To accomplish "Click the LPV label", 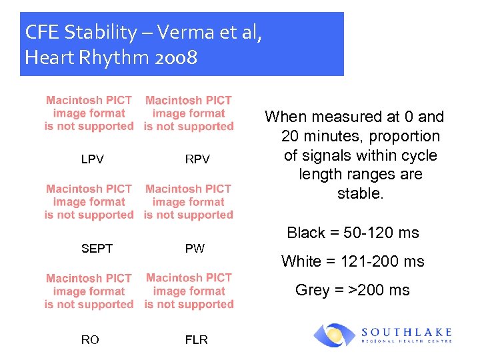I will pos(92,159).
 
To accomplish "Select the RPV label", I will pos(197,159).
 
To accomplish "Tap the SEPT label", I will pos(97,249).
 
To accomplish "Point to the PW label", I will pos(195,249).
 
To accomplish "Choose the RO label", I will pos(90,340).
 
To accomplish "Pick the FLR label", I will pos(197,340).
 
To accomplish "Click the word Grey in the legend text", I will pos(312,290).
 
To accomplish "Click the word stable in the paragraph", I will pos(360,194).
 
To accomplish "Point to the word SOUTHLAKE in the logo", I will pos(407,331).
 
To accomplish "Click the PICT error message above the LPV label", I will pos(89,113).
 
